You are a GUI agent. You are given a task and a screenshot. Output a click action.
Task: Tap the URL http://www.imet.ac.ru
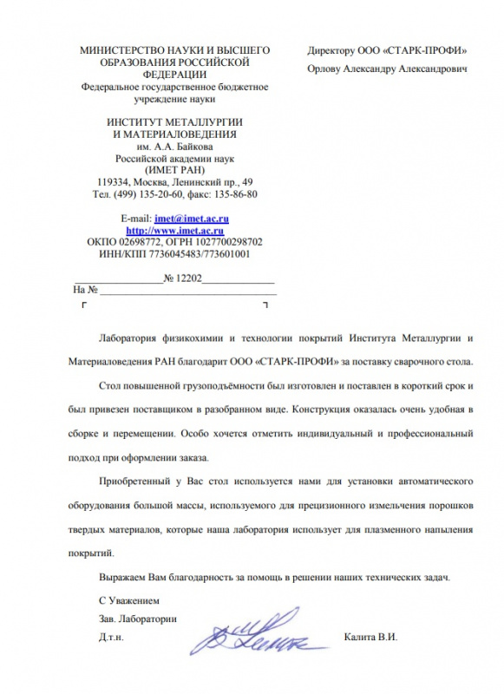176,231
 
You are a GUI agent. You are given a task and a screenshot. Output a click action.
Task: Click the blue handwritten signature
252,637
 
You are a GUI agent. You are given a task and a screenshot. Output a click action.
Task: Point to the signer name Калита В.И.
370,637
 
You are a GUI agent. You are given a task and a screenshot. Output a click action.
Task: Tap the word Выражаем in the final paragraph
122,578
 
